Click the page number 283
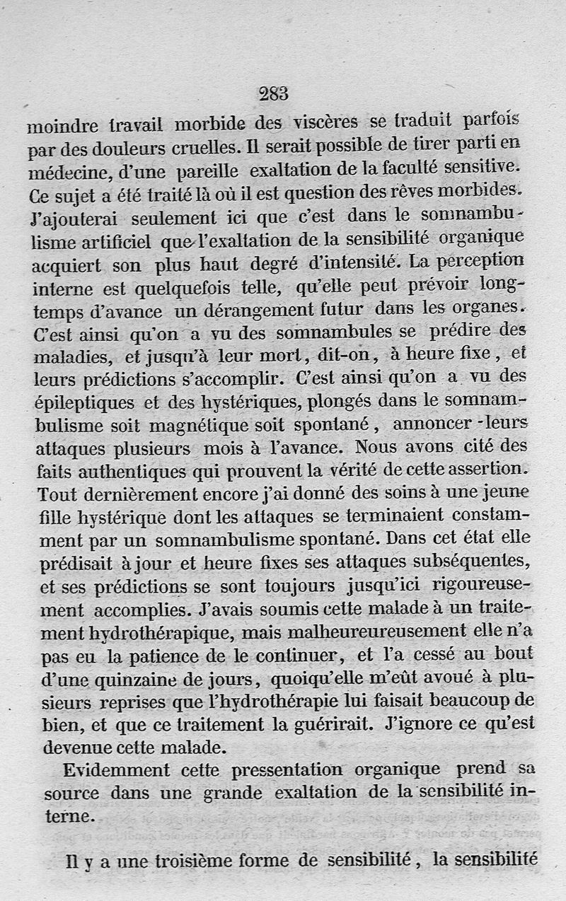pyautogui.click(x=273, y=93)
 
